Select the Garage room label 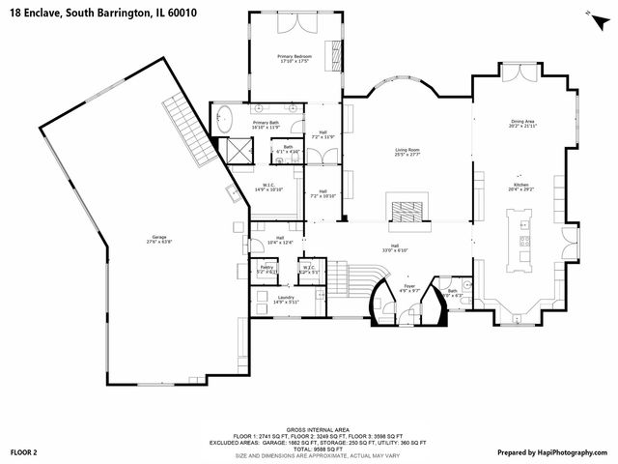point(157,238)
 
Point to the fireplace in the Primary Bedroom point(338,50)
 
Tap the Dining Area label point(523,124)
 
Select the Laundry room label point(286,300)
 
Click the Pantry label point(267,270)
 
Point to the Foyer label point(409,287)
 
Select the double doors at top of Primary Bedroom point(293,20)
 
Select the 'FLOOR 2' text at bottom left point(23,451)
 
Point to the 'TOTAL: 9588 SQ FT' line point(309,449)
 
